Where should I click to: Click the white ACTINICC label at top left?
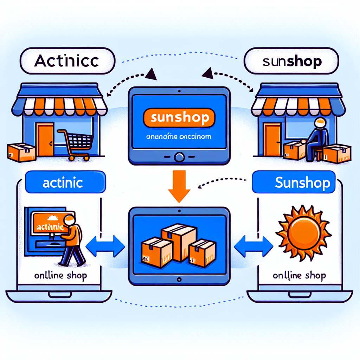tap(67, 61)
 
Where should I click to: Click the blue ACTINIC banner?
tap(65, 183)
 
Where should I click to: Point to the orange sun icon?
tap(303, 233)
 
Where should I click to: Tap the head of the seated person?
tap(320, 123)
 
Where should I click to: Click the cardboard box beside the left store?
tap(21, 152)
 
